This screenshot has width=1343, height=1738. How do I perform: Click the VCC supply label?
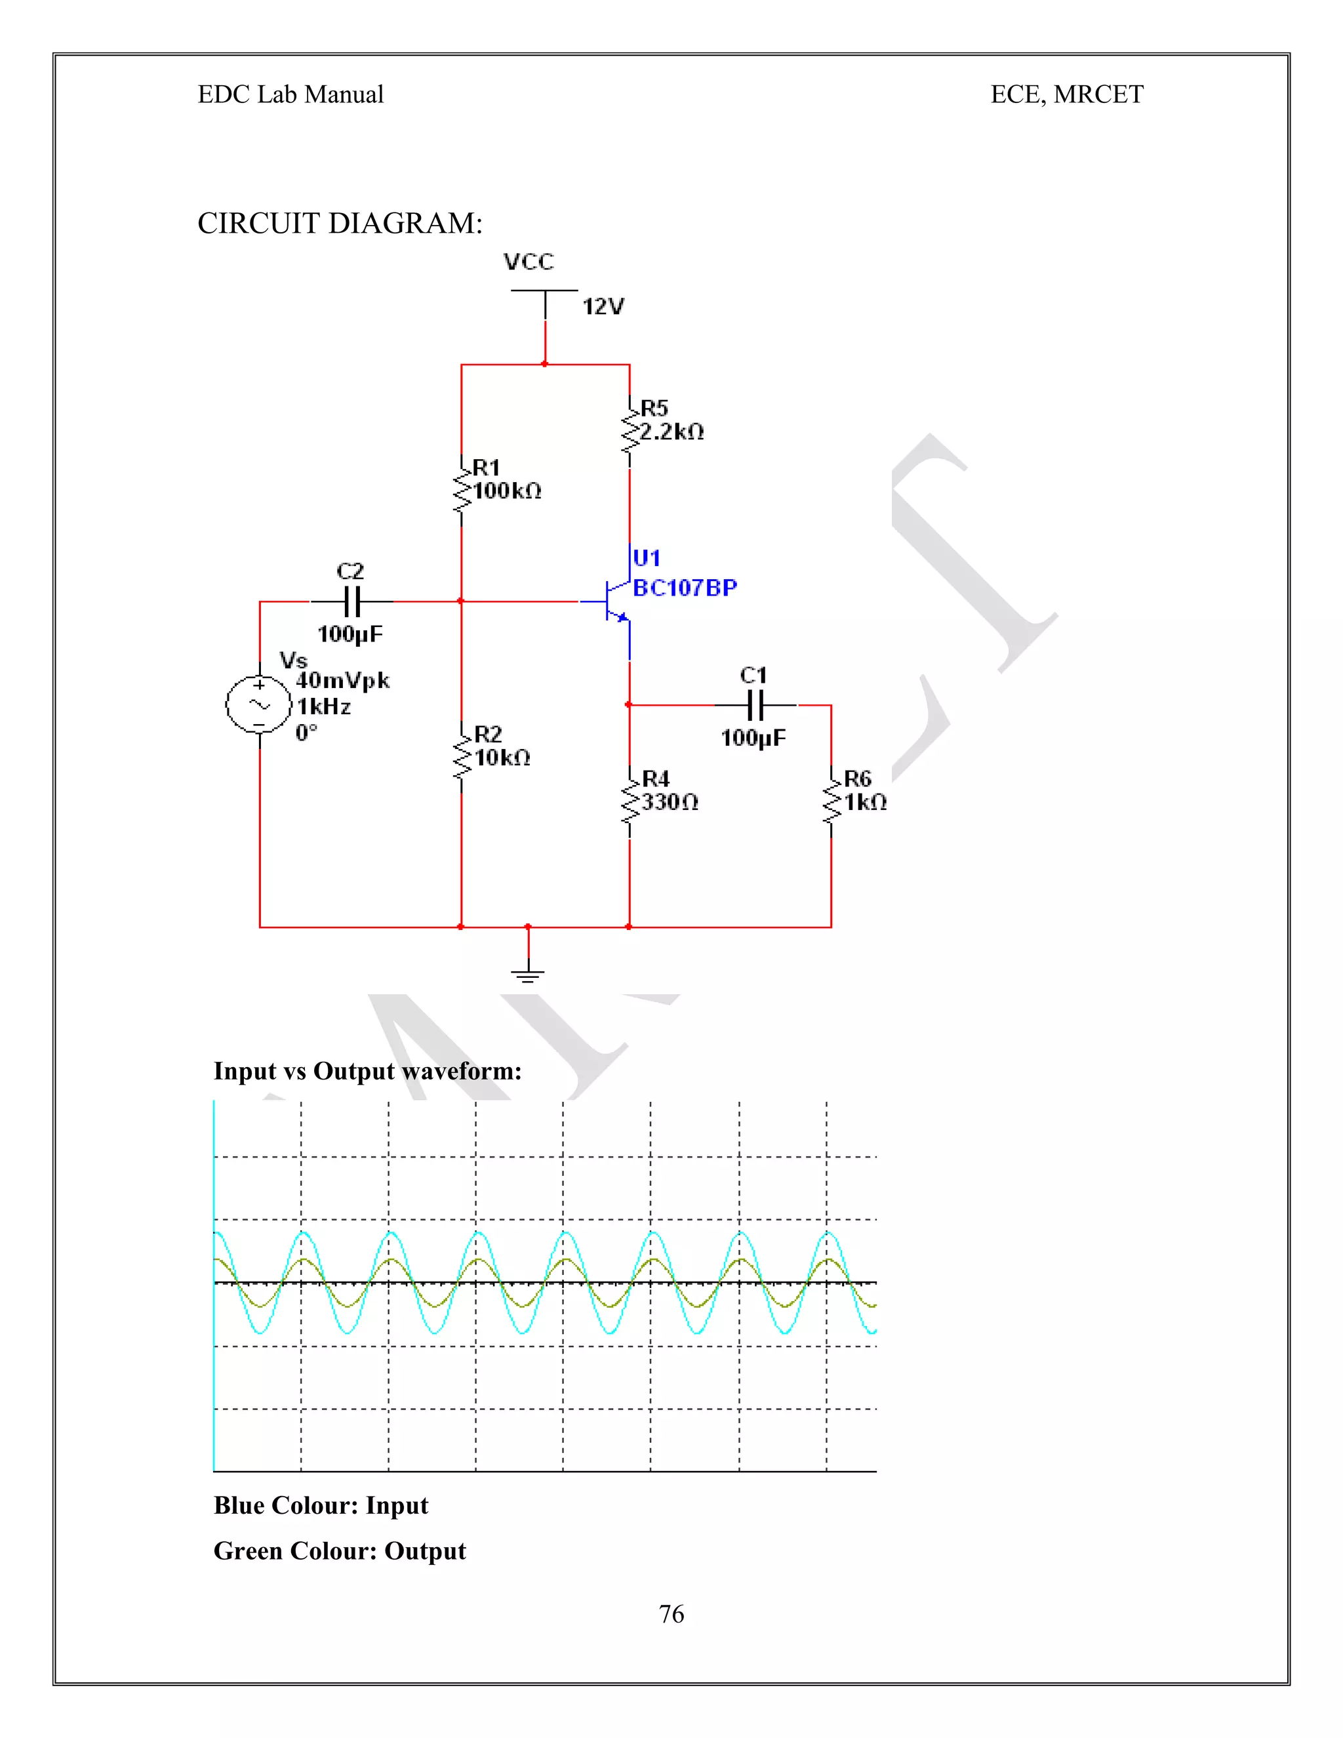pyautogui.click(x=529, y=262)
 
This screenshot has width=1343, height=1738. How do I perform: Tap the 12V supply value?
pyautogui.click(x=603, y=306)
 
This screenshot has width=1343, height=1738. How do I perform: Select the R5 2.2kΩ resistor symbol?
pyautogui.click(x=630, y=432)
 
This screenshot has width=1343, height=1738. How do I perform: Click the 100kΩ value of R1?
pyautogui.click(x=508, y=491)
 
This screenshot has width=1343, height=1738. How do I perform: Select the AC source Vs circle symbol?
pyautogui.click(x=260, y=704)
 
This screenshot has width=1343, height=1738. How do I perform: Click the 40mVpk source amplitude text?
pyautogui.click(x=343, y=680)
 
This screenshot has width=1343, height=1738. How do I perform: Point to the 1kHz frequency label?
pyautogui.click(x=324, y=706)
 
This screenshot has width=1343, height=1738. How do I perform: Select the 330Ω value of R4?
pyautogui.click(x=670, y=802)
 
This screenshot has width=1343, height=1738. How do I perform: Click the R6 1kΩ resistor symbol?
pyautogui.click(x=832, y=802)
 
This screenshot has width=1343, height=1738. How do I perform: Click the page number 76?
pyautogui.click(x=671, y=1614)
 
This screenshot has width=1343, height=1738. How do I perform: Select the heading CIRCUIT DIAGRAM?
pyautogui.click(x=340, y=224)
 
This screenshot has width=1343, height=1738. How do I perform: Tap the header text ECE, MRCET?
pyautogui.click(x=1066, y=94)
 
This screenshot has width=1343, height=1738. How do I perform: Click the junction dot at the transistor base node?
pyautogui.click(x=460, y=601)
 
